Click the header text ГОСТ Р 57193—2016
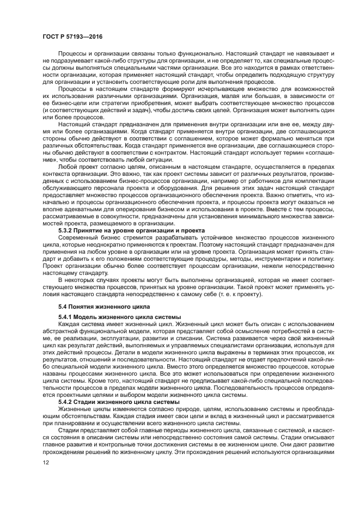[x=72, y=36]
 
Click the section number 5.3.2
[x=67, y=231]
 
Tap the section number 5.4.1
[x=67, y=317]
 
